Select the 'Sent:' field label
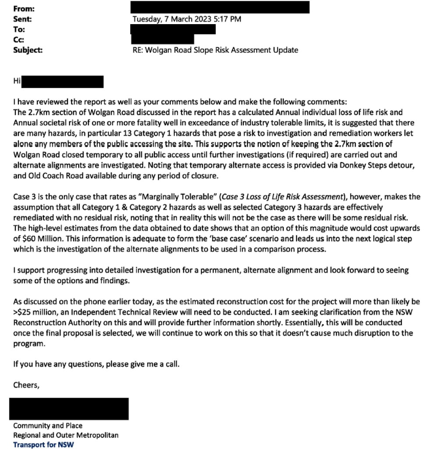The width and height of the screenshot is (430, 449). pos(23,19)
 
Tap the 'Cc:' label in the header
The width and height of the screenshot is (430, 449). pos(19,39)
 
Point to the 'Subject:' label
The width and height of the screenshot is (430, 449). pos(28,50)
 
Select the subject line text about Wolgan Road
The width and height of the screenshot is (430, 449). pos(215,50)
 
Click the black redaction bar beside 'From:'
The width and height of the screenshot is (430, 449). pos(220,7)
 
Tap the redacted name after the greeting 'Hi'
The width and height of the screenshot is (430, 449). pos(62,82)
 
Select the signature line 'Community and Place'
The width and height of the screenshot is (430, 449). pos(48,425)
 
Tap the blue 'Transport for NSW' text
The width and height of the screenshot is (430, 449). pos(43,445)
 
